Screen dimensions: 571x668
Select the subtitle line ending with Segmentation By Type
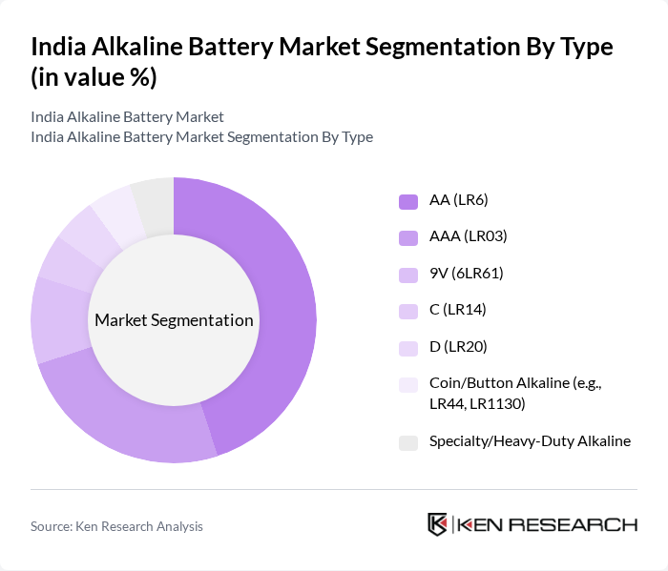[201, 136]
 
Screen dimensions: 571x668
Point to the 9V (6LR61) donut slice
[59, 319]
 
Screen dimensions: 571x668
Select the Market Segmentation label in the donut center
[174, 320]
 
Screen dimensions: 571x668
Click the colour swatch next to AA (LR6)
[408, 201]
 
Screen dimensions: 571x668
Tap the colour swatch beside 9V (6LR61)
[408, 275]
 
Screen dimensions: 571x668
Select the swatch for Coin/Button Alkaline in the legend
[408, 384]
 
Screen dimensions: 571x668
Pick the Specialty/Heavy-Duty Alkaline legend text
[530, 440]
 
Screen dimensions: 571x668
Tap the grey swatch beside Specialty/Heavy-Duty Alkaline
[408, 442]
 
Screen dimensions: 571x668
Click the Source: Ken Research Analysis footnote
[116, 526]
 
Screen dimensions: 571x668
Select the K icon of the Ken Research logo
[438, 524]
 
